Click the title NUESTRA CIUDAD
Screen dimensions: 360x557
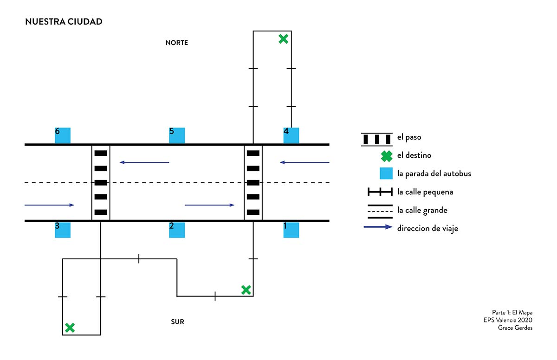click(64, 22)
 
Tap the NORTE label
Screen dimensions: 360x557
click(177, 43)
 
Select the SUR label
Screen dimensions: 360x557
click(177, 321)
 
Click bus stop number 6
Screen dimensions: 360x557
click(63, 135)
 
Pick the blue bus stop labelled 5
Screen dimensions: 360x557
click(177, 135)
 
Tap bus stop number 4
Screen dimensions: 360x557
click(291, 135)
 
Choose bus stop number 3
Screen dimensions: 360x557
click(63, 230)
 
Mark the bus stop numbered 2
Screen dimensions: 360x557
click(177, 230)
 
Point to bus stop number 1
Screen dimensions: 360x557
click(291, 230)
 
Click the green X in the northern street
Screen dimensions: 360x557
click(283, 39)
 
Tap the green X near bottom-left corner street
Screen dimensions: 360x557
click(70, 328)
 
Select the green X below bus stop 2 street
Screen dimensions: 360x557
click(246, 290)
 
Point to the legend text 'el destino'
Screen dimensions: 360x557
click(414, 155)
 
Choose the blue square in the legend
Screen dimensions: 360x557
click(387, 174)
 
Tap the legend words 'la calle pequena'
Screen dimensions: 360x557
click(425, 192)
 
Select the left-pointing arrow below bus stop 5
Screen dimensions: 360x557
click(144, 162)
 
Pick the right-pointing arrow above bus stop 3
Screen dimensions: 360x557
click(49, 205)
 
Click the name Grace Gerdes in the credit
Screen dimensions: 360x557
click(515, 328)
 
